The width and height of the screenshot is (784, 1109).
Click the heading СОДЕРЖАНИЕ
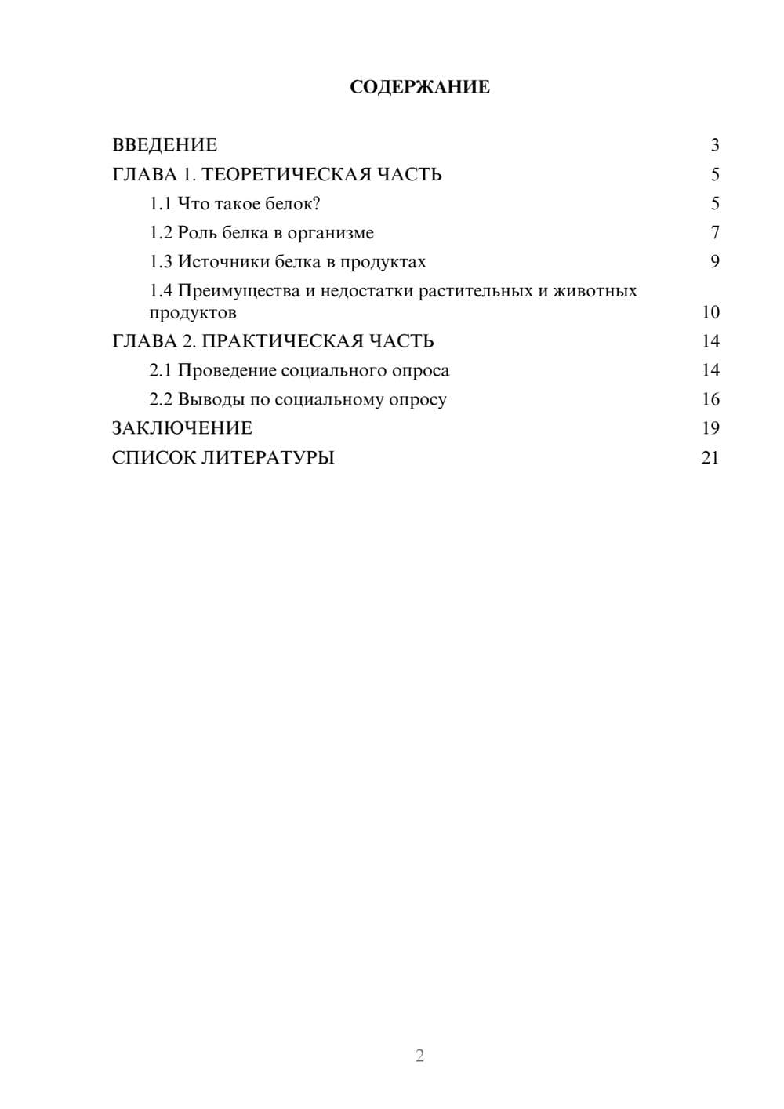pos(419,87)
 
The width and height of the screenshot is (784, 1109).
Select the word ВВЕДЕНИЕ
pos(165,145)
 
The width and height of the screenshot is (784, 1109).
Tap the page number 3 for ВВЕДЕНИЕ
pos(714,145)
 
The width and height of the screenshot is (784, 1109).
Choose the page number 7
pos(714,233)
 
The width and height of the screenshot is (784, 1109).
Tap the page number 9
pos(714,262)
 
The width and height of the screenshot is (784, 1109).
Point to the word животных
pos(595,291)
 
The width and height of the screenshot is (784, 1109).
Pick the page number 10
pos(710,312)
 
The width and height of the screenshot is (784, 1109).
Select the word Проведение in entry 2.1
pos(227,370)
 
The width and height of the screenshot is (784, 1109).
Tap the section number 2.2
pos(161,399)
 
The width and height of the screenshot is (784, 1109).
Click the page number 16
pos(710,399)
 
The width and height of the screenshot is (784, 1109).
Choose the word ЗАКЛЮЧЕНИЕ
pos(182,428)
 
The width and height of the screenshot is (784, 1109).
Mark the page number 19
pos(710,428)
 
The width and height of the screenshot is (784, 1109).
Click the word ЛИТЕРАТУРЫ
pos(268,457)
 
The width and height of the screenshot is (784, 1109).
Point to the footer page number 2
pos(419,1056)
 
